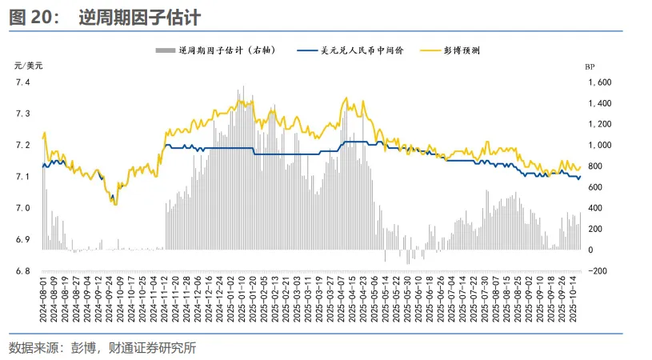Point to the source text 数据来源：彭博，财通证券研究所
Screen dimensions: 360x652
pyautogui.click(x=102, y=347)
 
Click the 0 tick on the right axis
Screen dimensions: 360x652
pyautogui.click(x=592, y=250)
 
